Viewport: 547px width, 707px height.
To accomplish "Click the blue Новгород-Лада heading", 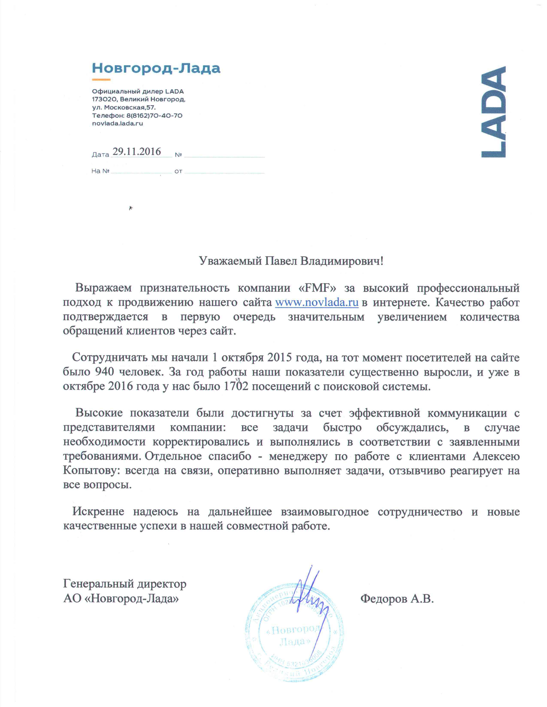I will point(156,68).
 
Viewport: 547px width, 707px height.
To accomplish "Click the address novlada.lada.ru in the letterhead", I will point(117,123).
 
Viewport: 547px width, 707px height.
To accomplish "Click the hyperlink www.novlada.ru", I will point(317,302).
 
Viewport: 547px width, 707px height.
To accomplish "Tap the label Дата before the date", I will point(100,155).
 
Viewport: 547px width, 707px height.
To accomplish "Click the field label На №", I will point(100,171).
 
